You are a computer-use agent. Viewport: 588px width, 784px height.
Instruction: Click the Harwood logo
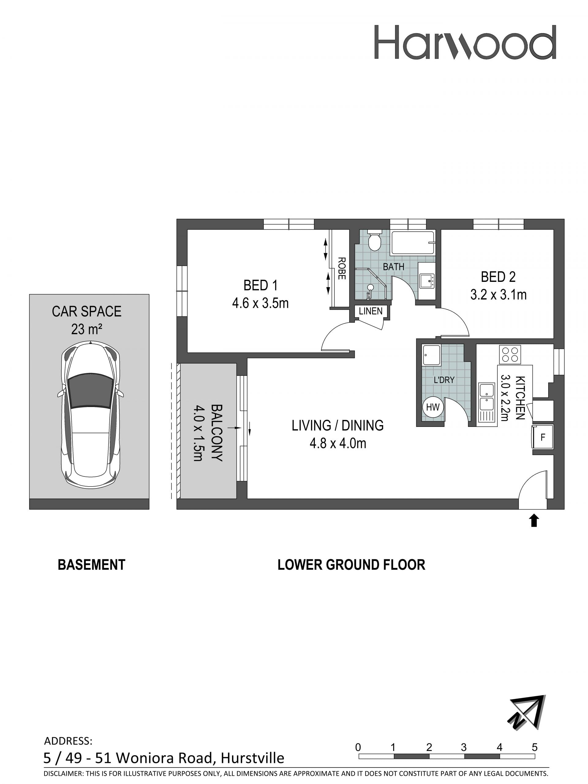(465, 42)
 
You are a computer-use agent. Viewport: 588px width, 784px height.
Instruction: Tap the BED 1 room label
(260, 285)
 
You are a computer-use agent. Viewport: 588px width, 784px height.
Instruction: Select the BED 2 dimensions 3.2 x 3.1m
(498, 294)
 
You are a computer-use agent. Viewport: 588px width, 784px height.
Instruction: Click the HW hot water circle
(433, 407)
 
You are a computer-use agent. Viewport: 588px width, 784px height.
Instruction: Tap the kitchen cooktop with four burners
(510, 354)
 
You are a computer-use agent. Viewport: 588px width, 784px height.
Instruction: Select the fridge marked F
(542, 437)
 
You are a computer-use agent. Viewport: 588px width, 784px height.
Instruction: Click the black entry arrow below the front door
(534, 521)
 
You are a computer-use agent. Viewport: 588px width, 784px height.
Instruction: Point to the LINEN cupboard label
(371, 311)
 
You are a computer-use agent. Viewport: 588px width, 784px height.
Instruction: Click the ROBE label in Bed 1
(341, 268)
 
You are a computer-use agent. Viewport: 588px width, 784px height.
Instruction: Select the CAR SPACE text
(87, 312)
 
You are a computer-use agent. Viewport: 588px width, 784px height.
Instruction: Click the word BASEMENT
(92, 565)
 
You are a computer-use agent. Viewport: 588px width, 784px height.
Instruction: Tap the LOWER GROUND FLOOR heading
(351, 565)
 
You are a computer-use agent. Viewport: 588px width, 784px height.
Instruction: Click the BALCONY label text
(216, 433)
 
